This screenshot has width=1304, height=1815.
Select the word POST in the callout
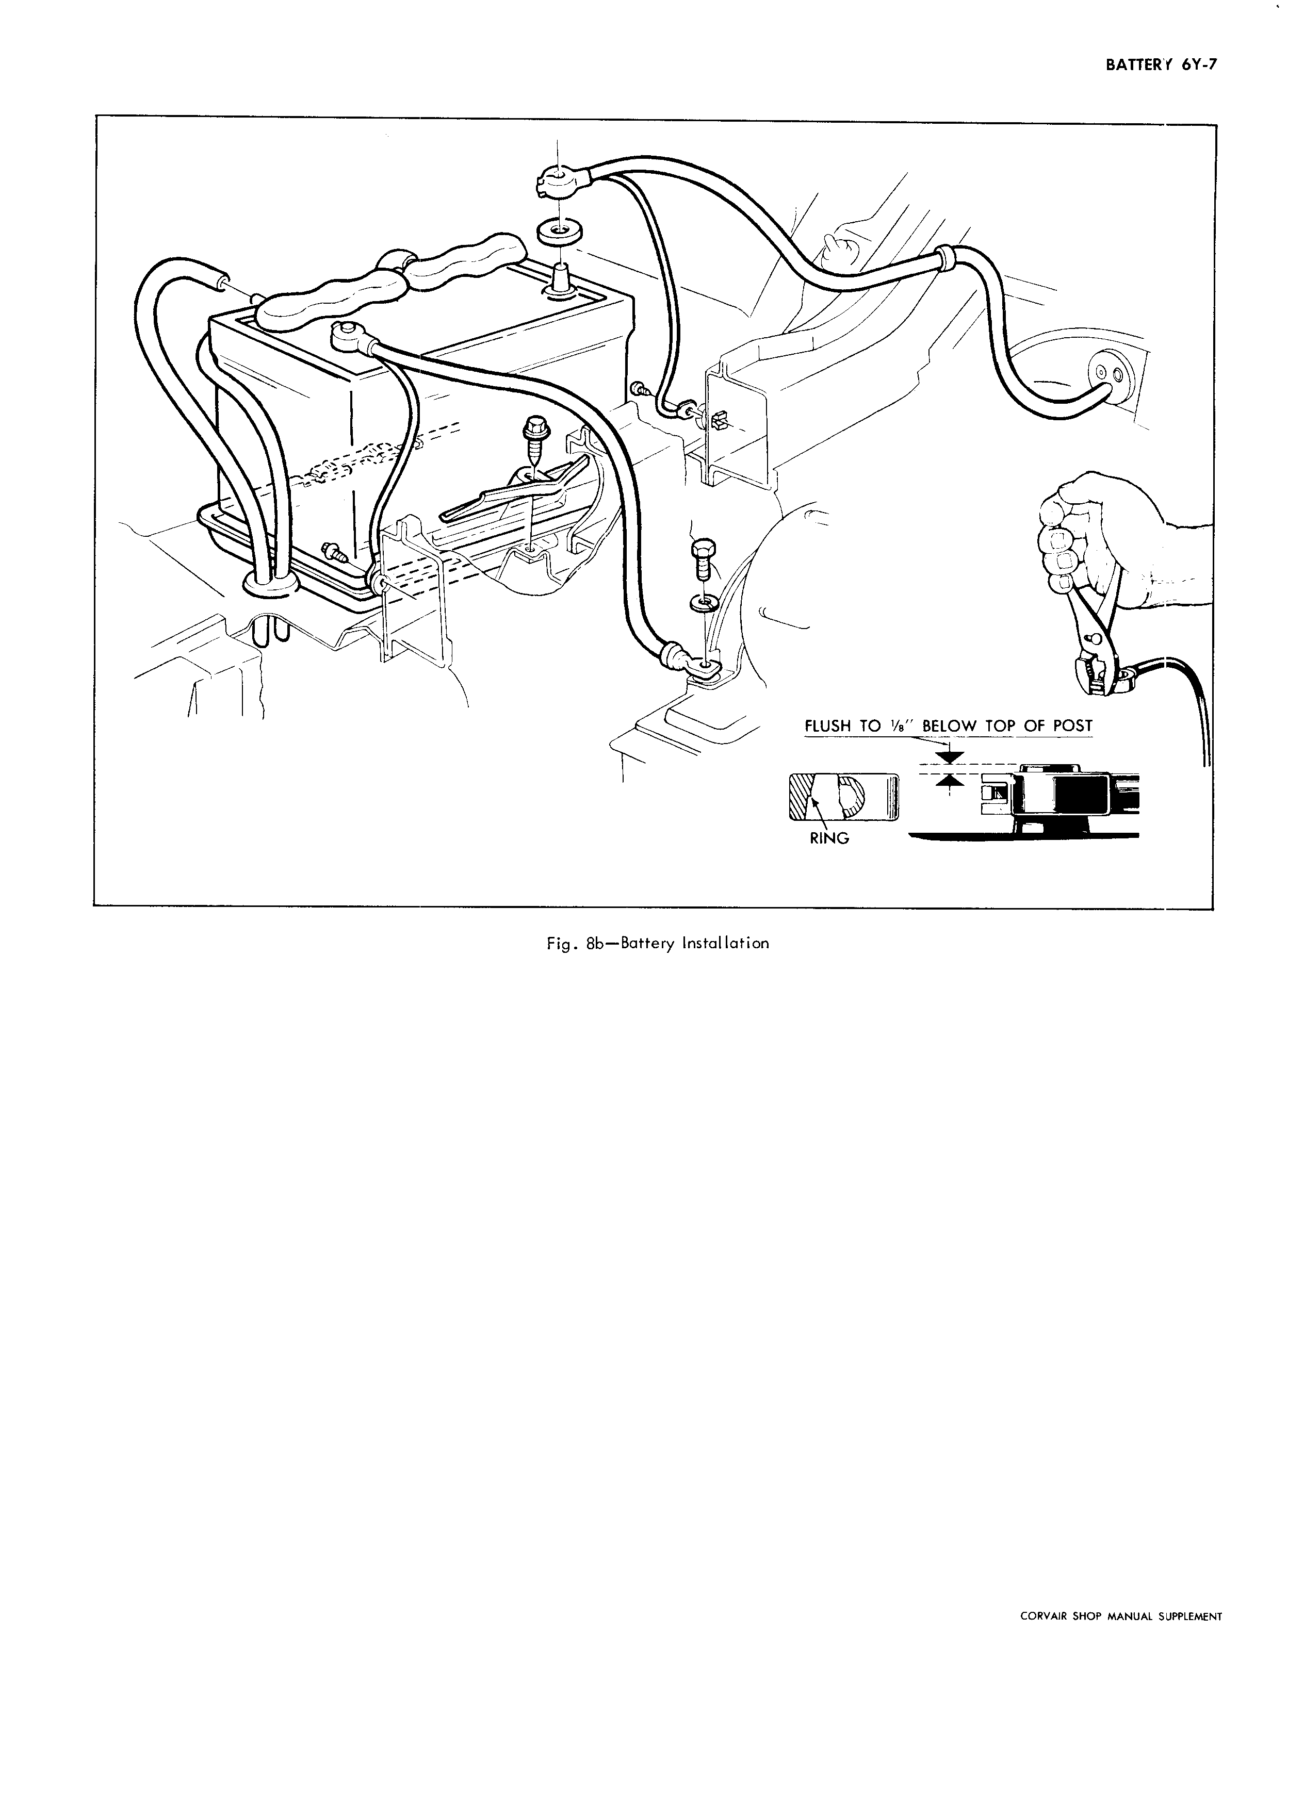pos(1070,726)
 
